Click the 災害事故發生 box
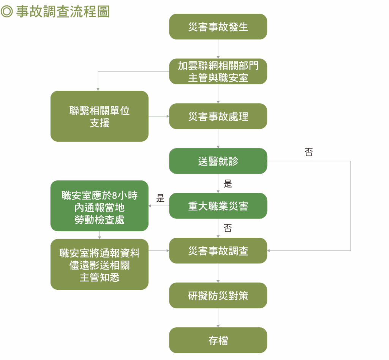click(218, 27)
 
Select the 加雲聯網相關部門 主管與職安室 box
click(218, 71)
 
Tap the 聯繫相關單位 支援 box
click(100, 116)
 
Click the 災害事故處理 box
click(218, 116)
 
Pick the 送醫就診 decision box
click(218, 161)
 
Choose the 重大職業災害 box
click(218, 206)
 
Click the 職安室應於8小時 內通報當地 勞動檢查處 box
click(100, 206)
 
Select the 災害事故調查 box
click(218, 251)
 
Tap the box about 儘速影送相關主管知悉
click(100, 265)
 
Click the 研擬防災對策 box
click(218, 295)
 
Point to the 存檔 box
click(218, 340)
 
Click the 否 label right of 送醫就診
click(308, 152)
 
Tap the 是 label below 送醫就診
click(228, 184)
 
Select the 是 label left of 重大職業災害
click(160, 198)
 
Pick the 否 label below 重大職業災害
click(228, 228)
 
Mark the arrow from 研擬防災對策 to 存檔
click(218, 318)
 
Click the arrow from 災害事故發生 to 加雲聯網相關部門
click(218, 49)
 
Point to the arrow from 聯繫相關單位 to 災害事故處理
click(159, 116)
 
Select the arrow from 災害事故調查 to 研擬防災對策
click(218, 273)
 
